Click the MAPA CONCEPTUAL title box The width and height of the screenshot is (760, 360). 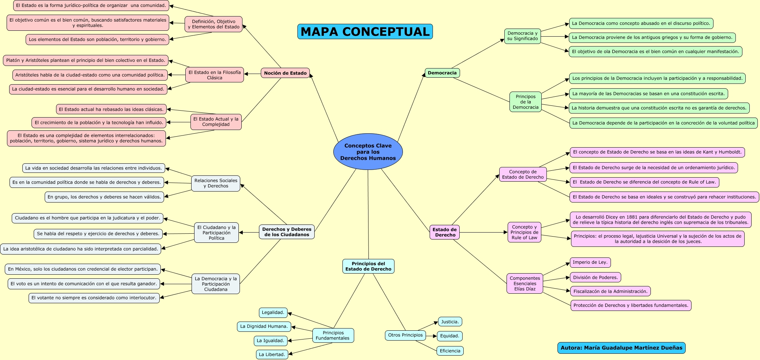(x=365, y=31)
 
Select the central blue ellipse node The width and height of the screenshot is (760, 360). (x=368, y=152)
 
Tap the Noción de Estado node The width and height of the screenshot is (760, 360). (x=285, y=73)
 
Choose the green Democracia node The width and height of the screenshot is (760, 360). (x=442, y=73)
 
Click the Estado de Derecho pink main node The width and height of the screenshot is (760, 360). (x=445, y=232)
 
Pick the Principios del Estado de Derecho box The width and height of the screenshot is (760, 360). (x=368, y=266)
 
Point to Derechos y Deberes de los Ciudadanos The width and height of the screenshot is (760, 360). (x=287, y=232)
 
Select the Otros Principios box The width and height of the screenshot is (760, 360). (x=405, y=335)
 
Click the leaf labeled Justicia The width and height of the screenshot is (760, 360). (x=450, y=322)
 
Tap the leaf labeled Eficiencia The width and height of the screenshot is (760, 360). (x=450, y=351)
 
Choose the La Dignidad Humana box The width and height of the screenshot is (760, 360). (x=264, y=326)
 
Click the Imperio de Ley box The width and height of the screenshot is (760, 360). (x=590, y=262)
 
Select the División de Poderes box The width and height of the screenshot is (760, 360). (x=595, y=277)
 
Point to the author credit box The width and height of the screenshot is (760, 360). (x=621, y=348)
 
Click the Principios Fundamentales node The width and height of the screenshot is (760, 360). (x=333, y=335)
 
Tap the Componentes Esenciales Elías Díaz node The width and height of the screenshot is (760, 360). (x=524, y=283)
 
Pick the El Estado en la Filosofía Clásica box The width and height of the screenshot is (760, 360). (x=215, y=75)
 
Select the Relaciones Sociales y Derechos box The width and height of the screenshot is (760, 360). (x=216, y=183)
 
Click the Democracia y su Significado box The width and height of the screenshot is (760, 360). (x=522, y=36)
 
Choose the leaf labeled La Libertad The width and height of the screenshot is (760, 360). (x=272, y=355)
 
